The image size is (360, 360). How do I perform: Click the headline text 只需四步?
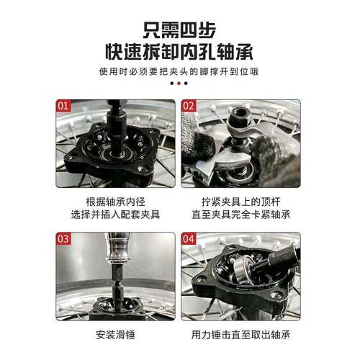(179, 30)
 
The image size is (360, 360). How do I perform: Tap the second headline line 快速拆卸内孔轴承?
(179, 53)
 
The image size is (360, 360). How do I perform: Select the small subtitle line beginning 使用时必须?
(179, 72)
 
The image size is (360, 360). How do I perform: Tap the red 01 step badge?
(63, 104)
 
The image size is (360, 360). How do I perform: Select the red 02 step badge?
(189, 104)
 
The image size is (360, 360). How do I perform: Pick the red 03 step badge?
(63, 238)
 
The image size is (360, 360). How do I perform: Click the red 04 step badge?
(189, 238)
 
